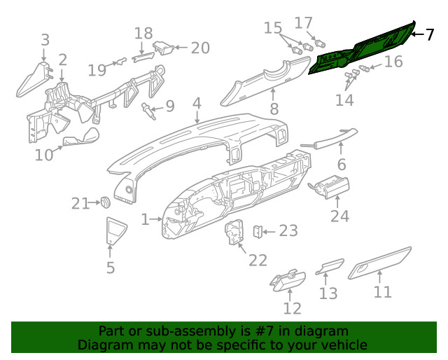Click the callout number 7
pos(430,34)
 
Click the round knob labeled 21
pos(104,202)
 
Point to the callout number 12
pos(292,307)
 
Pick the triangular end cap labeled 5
pos(111,231)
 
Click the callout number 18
pos(143,33)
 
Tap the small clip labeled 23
pos(258,230)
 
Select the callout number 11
pos(382,291)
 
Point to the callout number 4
pos(197,104)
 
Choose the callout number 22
pos(258,260)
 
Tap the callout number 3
pos(45,40)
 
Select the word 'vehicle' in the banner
pos(343,345)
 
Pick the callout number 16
pos(393,62)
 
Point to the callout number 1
pos(146,220)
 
